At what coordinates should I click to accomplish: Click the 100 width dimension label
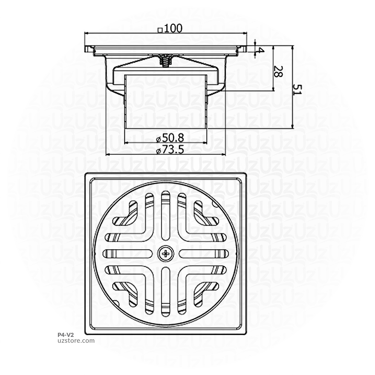(173, 29)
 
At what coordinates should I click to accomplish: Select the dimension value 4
(261, 50)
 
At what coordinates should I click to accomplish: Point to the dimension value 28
(278, 71)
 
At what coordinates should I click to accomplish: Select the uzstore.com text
(76, 341)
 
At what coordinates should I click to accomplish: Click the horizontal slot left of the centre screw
(128, 253)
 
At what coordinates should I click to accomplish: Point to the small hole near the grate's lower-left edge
(116, 303)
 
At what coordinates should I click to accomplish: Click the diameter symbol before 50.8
(157, 139)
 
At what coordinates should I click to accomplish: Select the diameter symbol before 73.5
(157, 151)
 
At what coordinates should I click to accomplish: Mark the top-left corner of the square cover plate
(85, 174)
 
